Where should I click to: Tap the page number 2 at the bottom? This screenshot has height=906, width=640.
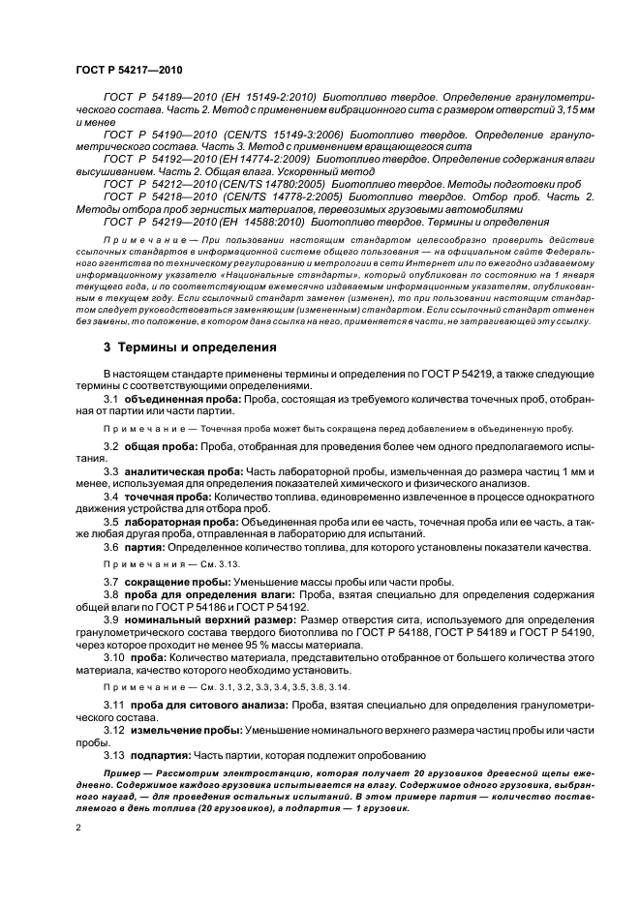(77, 828)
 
